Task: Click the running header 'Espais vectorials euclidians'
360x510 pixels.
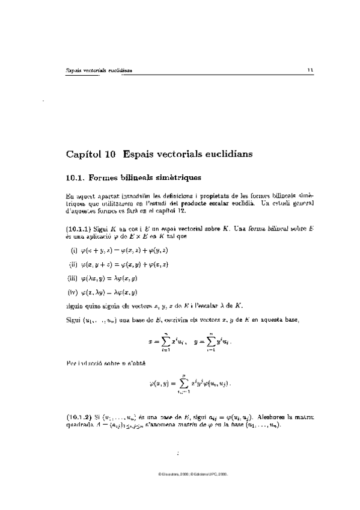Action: pyautogui.click(x=99, y=70)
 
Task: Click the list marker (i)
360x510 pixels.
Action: pyautogui.click(x=75, y=250)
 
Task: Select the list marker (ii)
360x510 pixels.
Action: pyautogui.click(x=75, y=263)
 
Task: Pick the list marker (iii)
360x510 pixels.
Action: pyautogui.click(x=75, y=278)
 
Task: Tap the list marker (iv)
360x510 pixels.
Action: pyautogui.click(x=75, y=292)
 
